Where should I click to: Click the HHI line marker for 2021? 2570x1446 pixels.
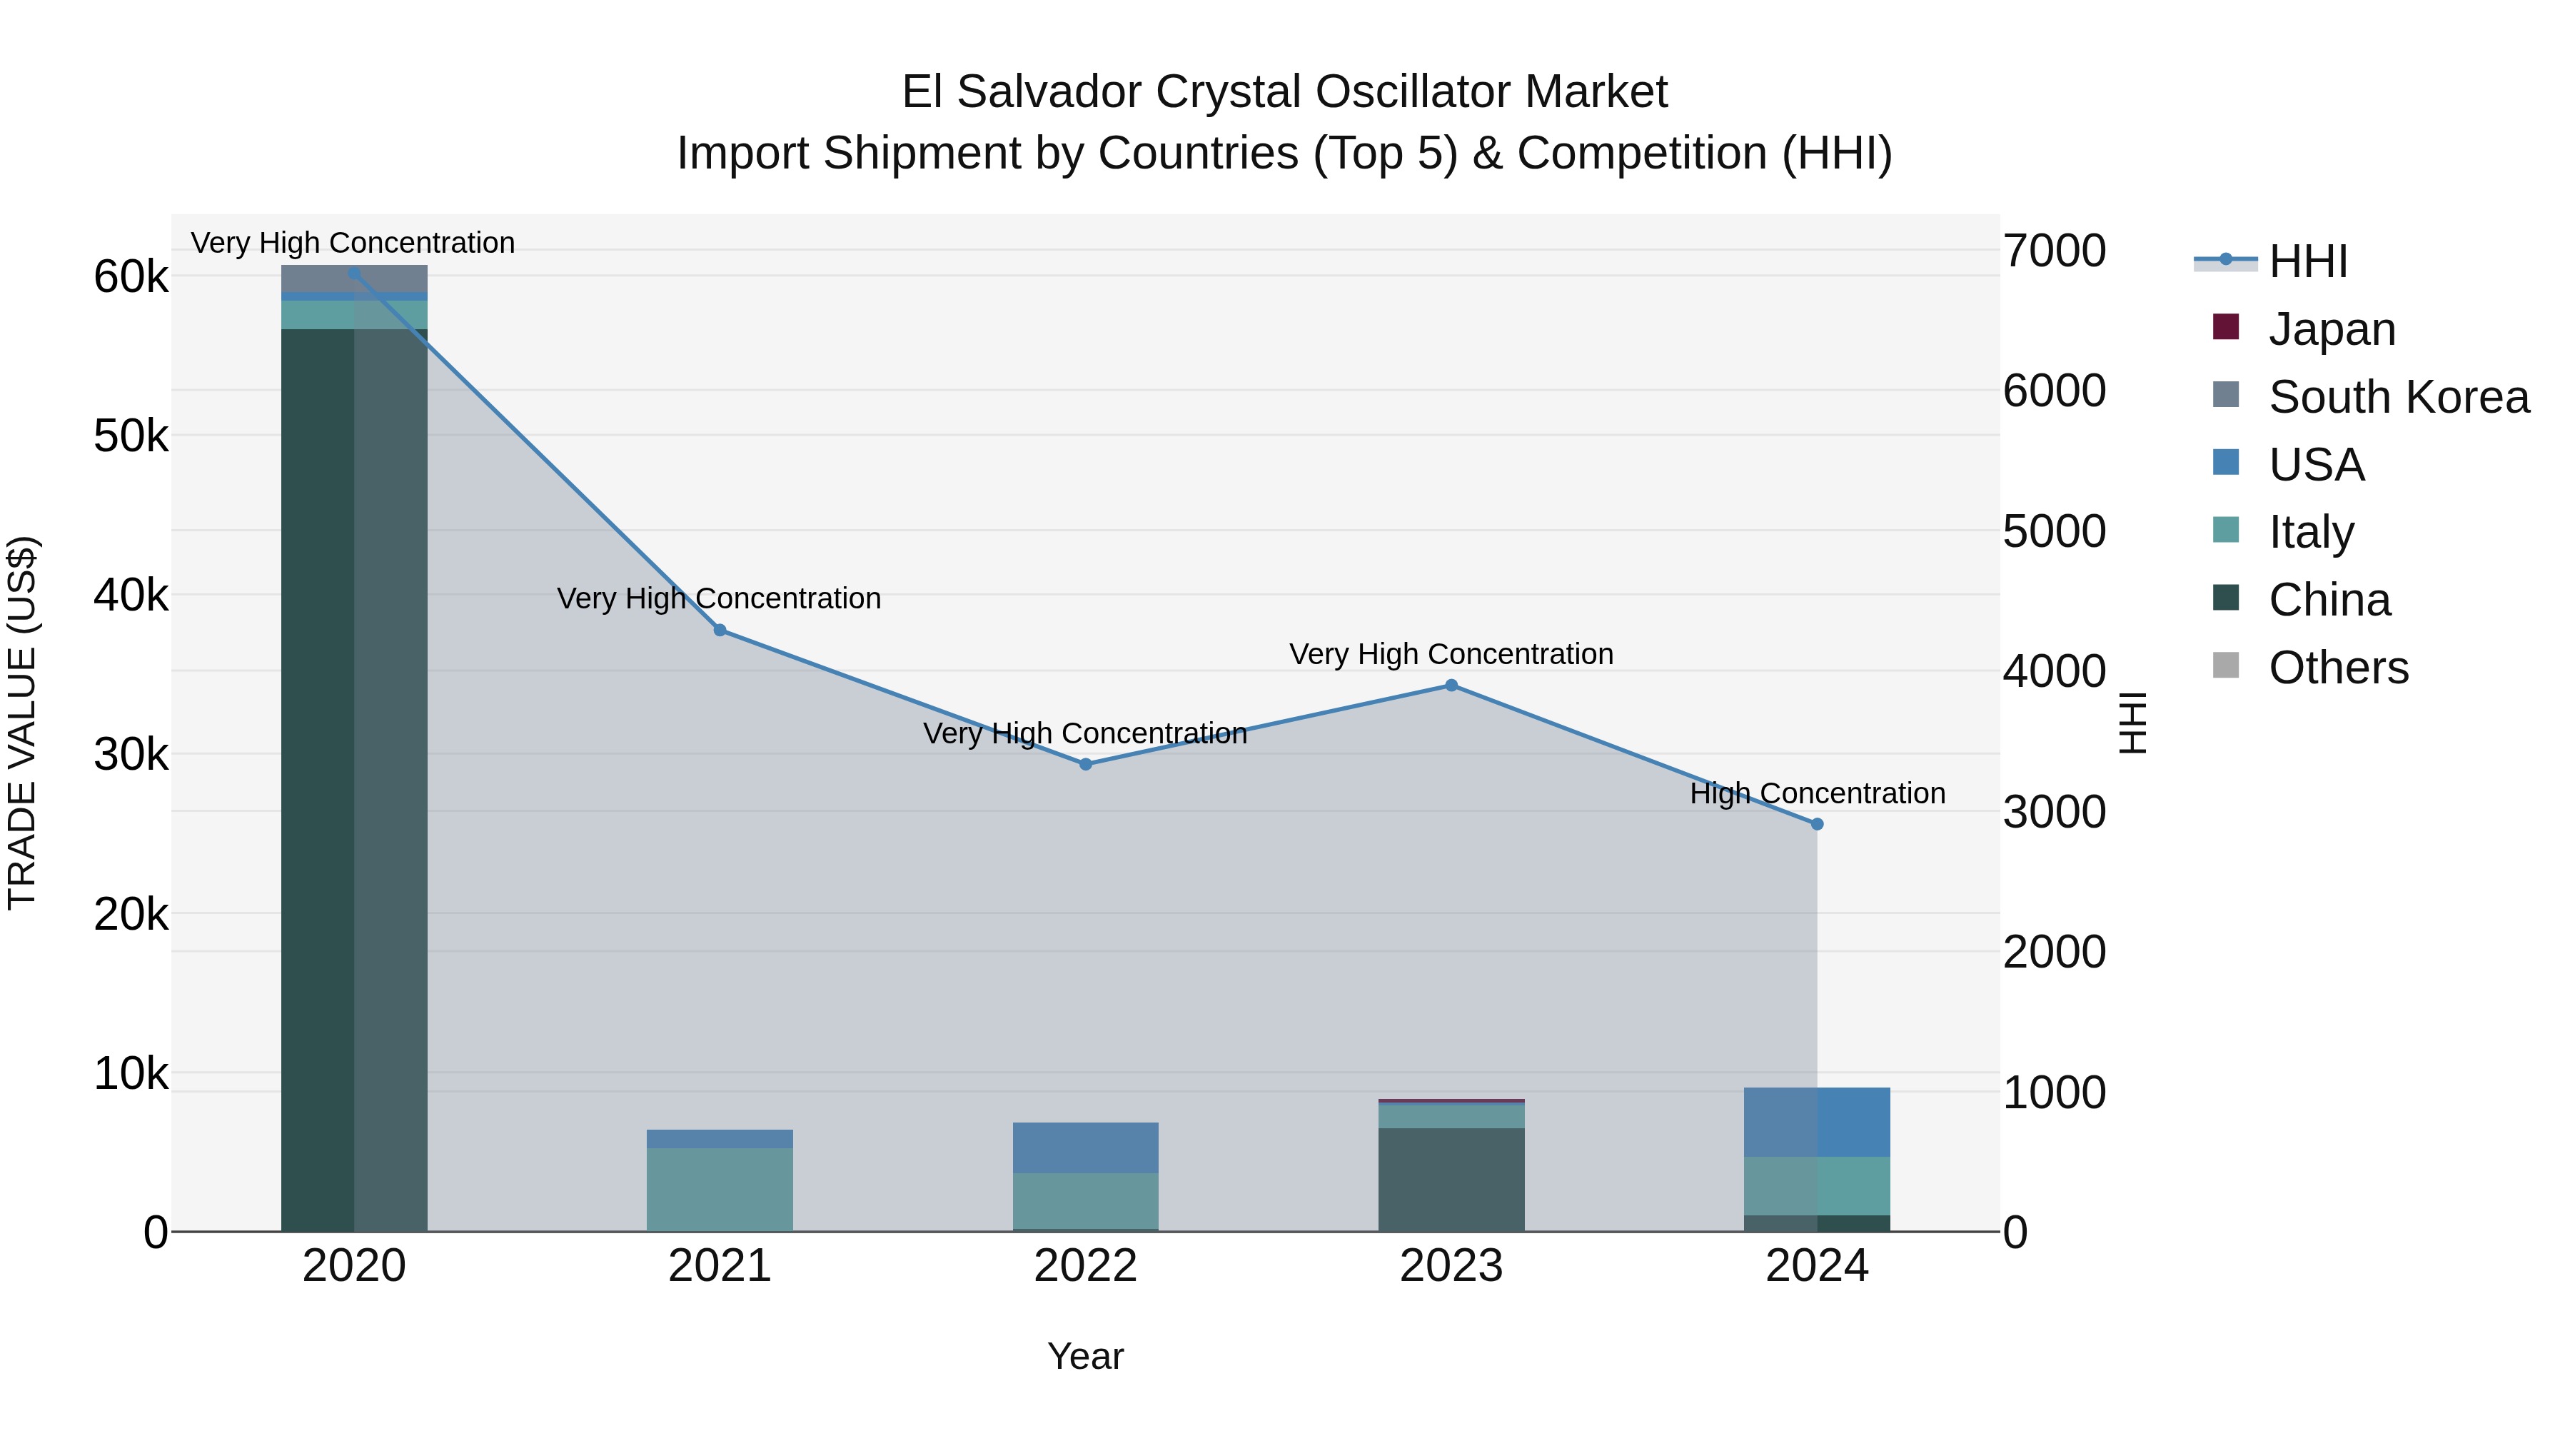click(720, 630)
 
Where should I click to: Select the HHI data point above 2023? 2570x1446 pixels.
click(1451, 685)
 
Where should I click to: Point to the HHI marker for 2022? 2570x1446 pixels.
click(1085, 763)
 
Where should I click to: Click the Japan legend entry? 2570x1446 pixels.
click(2331, 328)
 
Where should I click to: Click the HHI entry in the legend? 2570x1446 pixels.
click(2307, 261)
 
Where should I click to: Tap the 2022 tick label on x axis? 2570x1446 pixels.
click(1085, 1265)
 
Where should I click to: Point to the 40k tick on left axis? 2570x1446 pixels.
click(131, 595)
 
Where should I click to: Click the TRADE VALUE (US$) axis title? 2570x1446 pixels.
click(22, 723)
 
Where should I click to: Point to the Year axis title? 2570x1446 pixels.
click(1085, 1356)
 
